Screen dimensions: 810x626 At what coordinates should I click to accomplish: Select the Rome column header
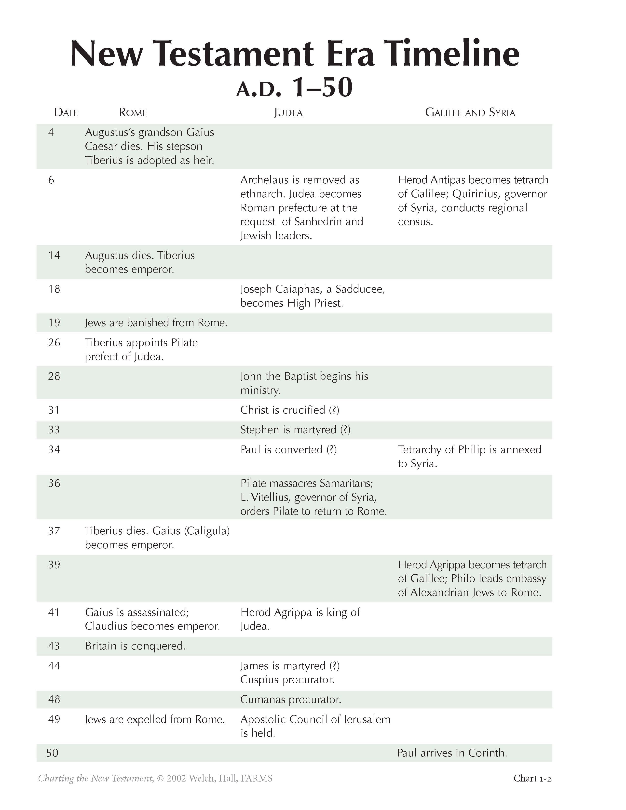point(132,112)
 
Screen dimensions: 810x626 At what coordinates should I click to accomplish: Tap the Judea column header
point(288,112)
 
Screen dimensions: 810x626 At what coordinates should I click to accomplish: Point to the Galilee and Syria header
point(470,112)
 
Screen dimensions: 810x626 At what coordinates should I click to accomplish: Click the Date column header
point(66,112)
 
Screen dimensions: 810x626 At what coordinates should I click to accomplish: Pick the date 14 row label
point(54,255)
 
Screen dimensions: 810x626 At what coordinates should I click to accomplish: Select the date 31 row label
point(54,410)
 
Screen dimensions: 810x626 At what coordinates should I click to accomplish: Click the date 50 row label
point(52,753)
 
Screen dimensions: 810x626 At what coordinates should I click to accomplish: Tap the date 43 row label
point(54,646)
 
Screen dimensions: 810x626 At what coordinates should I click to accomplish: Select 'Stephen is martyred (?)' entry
point(295,430)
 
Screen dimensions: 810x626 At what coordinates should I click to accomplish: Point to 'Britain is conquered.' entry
point(135,646)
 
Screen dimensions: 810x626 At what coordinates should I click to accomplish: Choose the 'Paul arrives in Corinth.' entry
point(452,753)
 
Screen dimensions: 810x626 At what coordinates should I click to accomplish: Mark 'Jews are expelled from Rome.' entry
point(155,719)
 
